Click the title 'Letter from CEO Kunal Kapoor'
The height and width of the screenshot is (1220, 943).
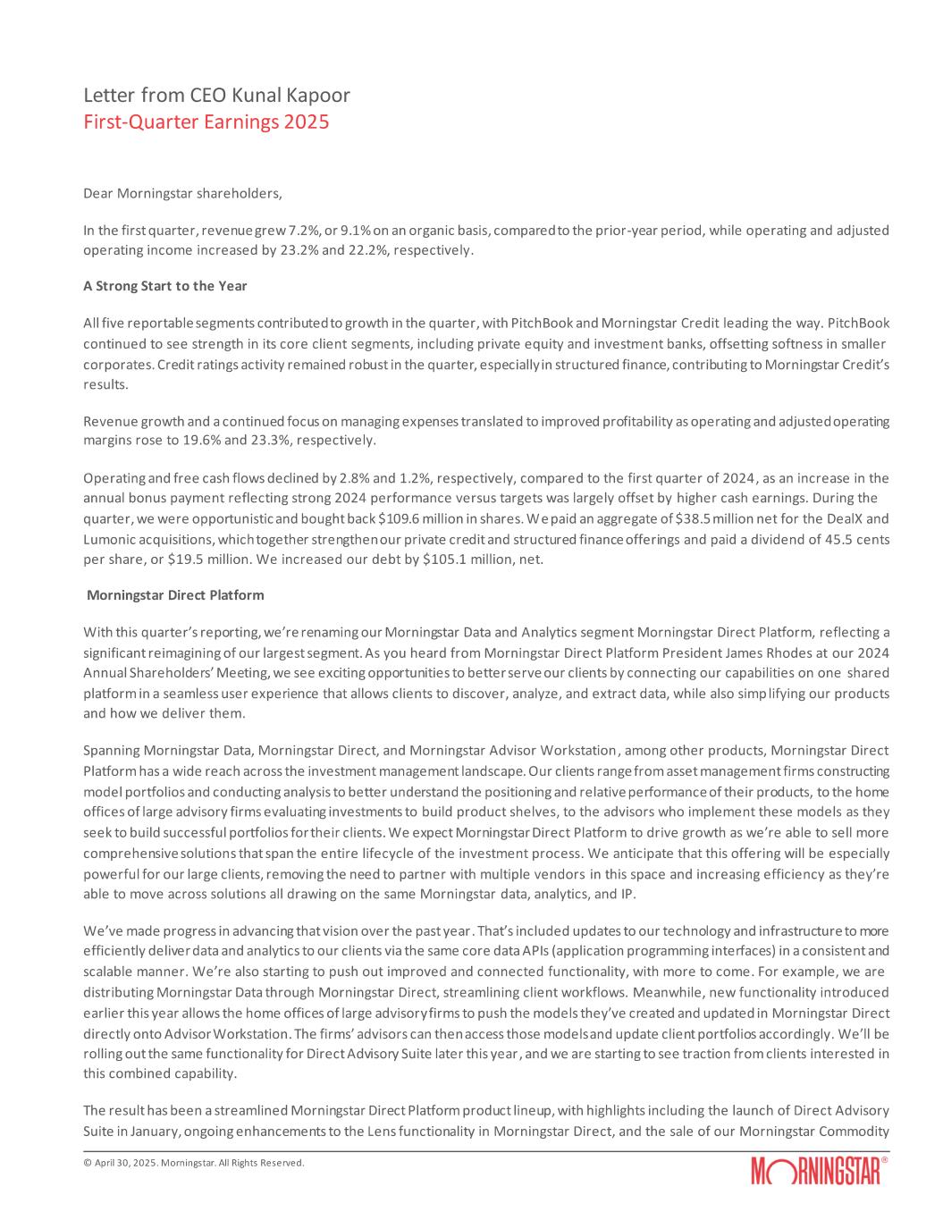coord(216,95)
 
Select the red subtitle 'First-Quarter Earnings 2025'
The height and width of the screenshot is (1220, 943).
coord(206,122)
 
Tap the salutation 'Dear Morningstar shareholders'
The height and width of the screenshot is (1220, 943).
coord(182,192)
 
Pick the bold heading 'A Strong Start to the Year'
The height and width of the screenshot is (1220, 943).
coord(164,286)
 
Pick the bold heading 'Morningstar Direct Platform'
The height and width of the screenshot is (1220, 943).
coord(175,594)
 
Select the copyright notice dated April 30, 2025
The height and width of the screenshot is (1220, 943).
coord(193,1163)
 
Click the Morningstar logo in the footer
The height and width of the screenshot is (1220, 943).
coord(819,1171)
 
